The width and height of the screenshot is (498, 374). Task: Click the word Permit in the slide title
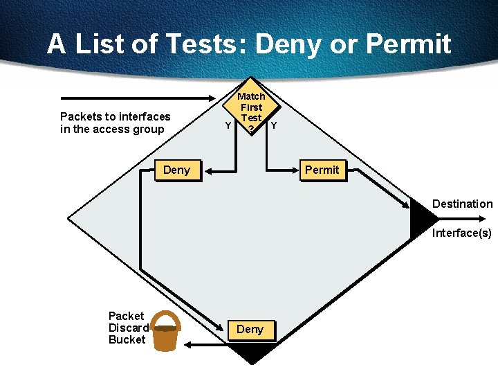click(x=408, y=44)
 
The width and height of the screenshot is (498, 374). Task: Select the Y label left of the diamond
click(x=228, y=125)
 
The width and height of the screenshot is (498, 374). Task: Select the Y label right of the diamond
click(x=274, y=125)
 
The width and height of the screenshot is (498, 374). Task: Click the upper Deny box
click(x=177, y=170)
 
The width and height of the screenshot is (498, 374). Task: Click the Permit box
click(x=322, y=170)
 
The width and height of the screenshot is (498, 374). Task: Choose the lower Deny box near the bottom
click(x=250, y=330)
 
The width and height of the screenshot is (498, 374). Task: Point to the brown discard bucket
click(x=165, y=337)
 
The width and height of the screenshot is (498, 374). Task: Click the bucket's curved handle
click(x=165, y=318)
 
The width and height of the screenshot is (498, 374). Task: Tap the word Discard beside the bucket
click(x=129, y=328)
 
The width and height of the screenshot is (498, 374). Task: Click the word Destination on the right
click(x=462, y=204)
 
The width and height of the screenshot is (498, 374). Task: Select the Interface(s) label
click(x=461, y=233)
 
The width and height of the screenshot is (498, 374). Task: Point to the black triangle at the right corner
click(x=422, y=219)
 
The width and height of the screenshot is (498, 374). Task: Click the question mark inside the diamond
click(x=251, y=129)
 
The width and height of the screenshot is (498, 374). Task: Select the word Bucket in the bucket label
click(x=127, y=339)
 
